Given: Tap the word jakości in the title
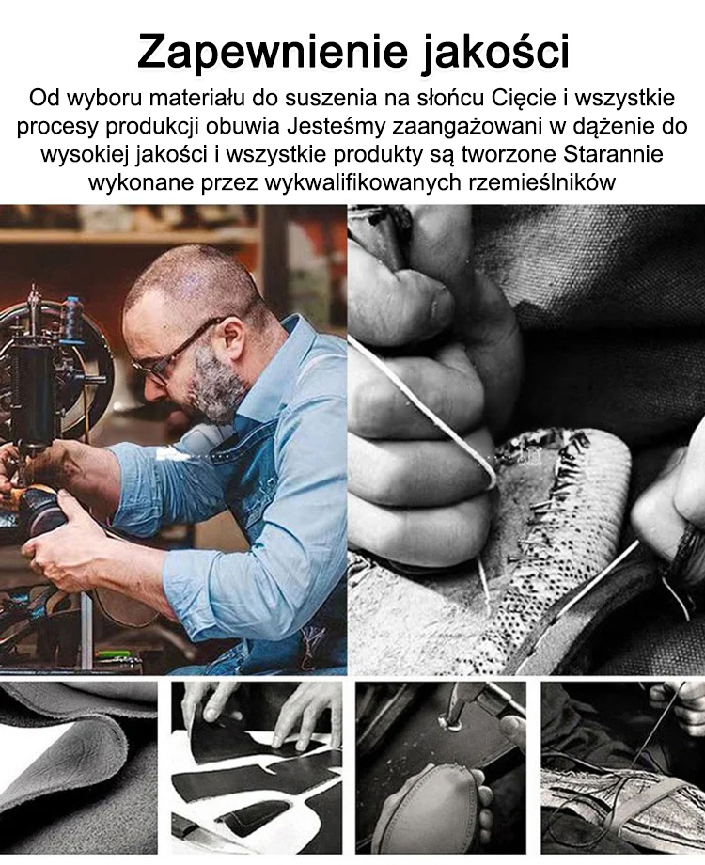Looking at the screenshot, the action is (494, 52).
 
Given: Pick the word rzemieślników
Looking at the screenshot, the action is (541, 181).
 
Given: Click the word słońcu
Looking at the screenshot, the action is (451, 99).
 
